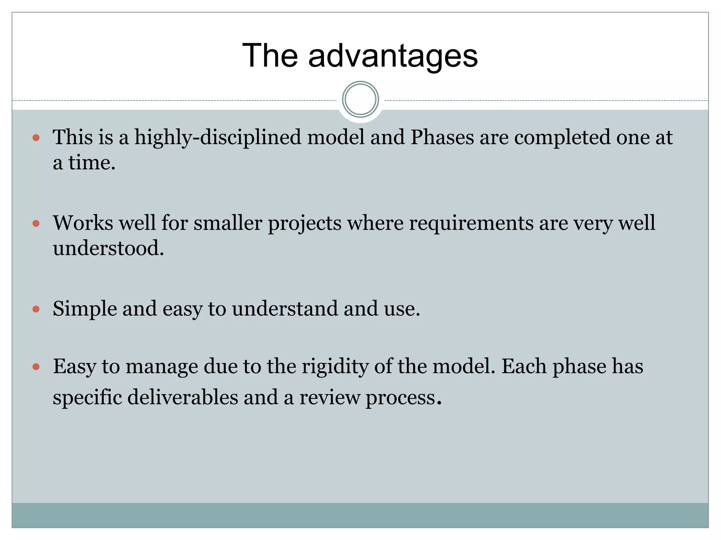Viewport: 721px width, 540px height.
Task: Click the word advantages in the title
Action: pos(393,56)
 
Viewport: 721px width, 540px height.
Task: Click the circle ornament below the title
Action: pos(360,99)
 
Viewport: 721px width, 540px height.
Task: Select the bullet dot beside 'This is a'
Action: pos(36,137)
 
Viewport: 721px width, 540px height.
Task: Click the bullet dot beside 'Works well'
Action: pos(36,223)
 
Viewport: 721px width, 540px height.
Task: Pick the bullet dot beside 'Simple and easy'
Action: pos(36,309)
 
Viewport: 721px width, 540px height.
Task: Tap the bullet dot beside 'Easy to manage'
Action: pos(36,367)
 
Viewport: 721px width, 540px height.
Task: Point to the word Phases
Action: pos(442,137)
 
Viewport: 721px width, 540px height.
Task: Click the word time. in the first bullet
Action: pos(92,163)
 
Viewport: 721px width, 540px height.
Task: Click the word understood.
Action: pos(108,248)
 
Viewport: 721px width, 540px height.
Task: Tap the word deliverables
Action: pos(183,398)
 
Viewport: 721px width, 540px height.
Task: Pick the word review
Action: pos(330,398)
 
